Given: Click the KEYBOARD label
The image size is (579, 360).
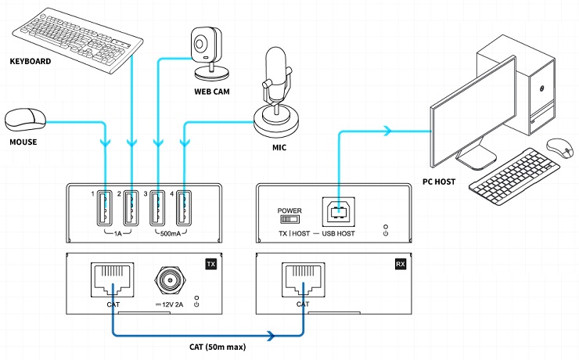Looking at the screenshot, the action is (31, 61).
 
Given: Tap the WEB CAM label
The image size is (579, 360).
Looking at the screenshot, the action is (212, 92).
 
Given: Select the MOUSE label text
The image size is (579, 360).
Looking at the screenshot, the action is (23, 142).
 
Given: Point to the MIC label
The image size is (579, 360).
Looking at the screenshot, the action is (279, 148).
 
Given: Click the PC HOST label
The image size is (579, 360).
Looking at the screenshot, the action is (439, 182).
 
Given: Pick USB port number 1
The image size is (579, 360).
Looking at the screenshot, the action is (105, 208).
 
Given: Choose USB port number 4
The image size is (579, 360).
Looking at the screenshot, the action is (184, 208).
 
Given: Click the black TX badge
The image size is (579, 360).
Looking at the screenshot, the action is (210, 264).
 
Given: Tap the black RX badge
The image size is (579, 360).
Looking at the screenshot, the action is (401, 264).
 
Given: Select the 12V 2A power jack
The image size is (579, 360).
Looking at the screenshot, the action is (171, 281).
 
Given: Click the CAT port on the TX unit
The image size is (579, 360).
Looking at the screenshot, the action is (113, 279).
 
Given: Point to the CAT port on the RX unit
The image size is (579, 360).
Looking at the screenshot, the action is (303, 279).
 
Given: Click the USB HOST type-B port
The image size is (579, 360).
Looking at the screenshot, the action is (339, 212).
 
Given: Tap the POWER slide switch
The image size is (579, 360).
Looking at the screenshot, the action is (289, 219).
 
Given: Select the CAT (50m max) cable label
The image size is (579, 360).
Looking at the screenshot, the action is (218, 347).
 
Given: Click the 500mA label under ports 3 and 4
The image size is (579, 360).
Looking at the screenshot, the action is (171, 234).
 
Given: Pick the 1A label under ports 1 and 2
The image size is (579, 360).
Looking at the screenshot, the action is (118, 234).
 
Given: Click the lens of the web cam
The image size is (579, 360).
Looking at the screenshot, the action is (200, 45).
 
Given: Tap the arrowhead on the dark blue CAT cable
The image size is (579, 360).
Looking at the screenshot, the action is (272, 336).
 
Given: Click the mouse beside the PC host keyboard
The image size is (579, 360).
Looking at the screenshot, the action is (559, 148).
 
